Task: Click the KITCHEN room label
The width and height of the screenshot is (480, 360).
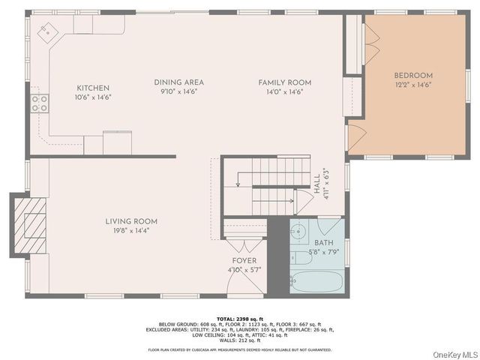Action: coord(92,88)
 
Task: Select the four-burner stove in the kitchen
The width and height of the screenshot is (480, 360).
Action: coord(39,103)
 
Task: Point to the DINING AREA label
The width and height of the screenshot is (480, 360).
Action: coord(178,82)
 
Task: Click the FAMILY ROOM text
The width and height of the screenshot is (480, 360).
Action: coord(284,82)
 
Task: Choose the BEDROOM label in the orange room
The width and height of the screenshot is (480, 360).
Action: coord(413,76)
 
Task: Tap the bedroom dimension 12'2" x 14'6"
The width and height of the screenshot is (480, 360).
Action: coord(413,85)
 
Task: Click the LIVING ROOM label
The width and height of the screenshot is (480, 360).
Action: coord(130,221)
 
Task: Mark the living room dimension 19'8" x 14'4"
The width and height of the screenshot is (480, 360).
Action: coord(130,230)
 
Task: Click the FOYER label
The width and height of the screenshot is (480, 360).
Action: coord(244,260)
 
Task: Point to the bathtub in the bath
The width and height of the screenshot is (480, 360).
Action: coord(316,283)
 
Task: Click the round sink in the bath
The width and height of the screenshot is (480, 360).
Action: coord(299,230)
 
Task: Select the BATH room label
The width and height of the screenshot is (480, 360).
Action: coord(324,243)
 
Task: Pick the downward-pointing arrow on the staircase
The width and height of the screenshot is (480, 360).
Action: coord(238,183)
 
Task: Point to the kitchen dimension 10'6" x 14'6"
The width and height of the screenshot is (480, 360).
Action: coord(92,97)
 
